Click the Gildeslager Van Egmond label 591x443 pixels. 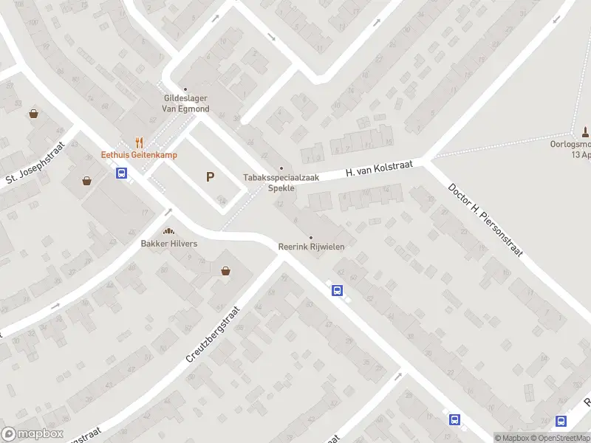click(186, 103)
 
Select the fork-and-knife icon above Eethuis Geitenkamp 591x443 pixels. click(138, 143)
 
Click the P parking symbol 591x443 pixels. click(211, 176)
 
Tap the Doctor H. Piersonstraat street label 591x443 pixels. click(485, 219)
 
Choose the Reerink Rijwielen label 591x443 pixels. click(311, 247)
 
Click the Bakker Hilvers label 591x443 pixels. click(169, 243)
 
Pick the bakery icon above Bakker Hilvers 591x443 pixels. click(168, 232)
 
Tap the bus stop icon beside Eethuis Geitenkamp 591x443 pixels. click(122, 174)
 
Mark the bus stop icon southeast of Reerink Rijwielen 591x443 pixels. click(338, 290)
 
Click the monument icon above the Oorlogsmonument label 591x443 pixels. click(585, 132)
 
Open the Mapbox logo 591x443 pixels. click(32, 434)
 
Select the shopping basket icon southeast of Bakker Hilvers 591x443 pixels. click(225, 271)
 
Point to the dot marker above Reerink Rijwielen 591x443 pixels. click(311, 237)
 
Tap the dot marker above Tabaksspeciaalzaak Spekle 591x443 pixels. click(281, 168)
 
